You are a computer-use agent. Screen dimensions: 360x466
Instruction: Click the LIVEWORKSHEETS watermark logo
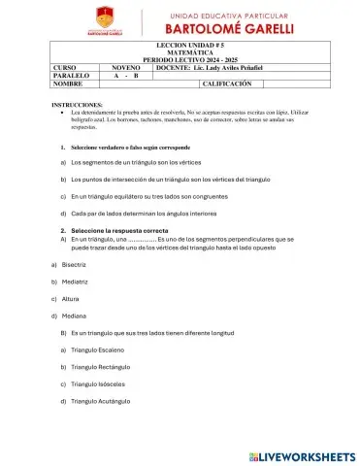tap(301, 454)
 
